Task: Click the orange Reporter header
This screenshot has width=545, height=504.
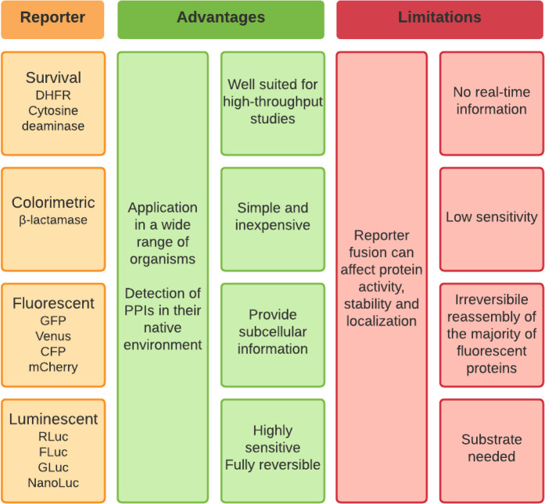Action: [52, 18]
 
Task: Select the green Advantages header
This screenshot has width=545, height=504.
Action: [221, 18]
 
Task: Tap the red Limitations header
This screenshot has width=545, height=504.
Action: [439, 18]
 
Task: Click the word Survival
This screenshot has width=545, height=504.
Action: [53, 77]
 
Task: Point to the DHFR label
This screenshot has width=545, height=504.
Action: [53, 95]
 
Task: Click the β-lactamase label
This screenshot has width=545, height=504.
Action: [53, 220]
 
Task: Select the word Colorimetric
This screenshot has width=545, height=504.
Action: [53, 202]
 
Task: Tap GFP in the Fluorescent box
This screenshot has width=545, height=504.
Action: [53, 320]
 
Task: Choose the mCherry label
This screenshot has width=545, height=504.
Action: [53, 366]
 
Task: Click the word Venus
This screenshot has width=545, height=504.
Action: [53, 336]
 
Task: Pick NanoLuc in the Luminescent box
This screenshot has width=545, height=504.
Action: [53, 482]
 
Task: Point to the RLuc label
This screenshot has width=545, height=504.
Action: [53, 436]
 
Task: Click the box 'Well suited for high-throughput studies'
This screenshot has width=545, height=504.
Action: [272, 102]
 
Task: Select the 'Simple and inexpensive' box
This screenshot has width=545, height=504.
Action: [272, 217]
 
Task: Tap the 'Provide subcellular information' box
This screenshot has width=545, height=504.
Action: [272, 332]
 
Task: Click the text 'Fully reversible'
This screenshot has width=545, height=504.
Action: [272, 465]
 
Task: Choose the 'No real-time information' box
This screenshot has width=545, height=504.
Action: [491, 102]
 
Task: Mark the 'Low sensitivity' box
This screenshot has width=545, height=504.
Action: [491, 217]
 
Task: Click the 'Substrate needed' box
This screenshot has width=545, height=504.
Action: [491, 448]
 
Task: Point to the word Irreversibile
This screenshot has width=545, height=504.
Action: [491, 299]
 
